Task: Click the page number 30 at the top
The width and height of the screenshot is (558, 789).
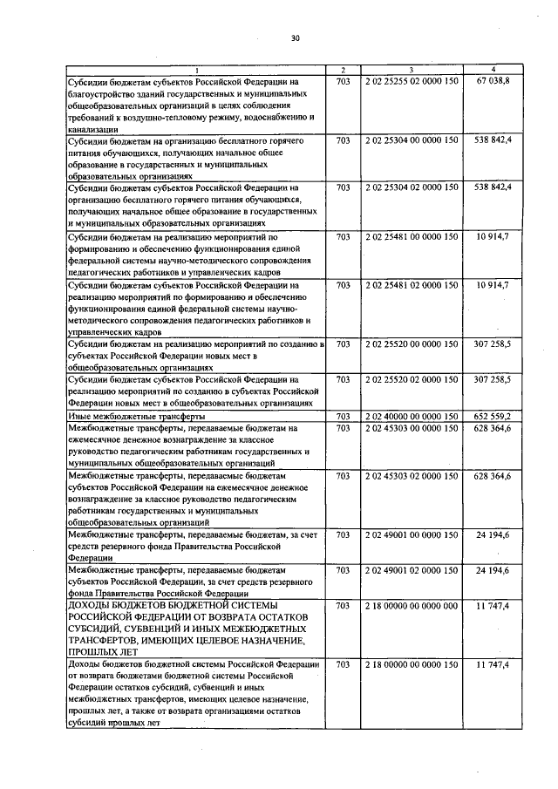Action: click(x=295, y=38)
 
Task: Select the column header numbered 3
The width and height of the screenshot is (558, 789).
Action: click(x=411, y=69)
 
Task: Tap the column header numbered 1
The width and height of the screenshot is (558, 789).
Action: click(x=197, y=69)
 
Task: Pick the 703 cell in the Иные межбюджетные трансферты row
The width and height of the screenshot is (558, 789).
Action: click(x=343, y=417)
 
